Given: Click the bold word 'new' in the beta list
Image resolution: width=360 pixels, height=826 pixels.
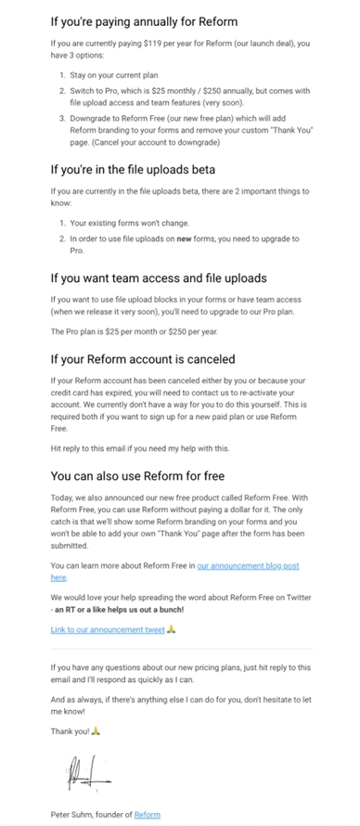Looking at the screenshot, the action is tap(202, 239).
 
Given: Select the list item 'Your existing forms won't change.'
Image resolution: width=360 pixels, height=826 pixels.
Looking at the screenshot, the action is tap(129, 223).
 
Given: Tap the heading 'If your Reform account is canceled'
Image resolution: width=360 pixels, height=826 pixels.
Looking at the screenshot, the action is tap(143, 358).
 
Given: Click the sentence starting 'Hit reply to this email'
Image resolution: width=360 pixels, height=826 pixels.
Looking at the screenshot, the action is tap(137, 448).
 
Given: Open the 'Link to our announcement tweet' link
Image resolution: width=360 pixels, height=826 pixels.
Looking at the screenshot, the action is tap(108, 630).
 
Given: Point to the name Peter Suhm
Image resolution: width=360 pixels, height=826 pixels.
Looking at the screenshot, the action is tap(73, 815).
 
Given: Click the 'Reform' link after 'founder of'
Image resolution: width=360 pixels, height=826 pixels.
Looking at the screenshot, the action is tap(147, 815).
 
